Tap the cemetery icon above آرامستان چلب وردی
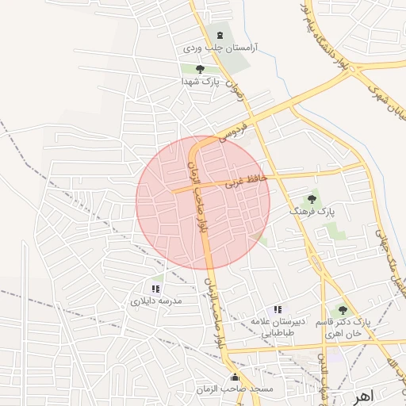point(220,35)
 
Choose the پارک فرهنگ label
point(311,213)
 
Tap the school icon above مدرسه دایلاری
point(155,289)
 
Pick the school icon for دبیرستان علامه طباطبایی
point(277,309)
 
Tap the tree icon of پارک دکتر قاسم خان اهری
point(343,310)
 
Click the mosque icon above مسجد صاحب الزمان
point(235,377)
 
